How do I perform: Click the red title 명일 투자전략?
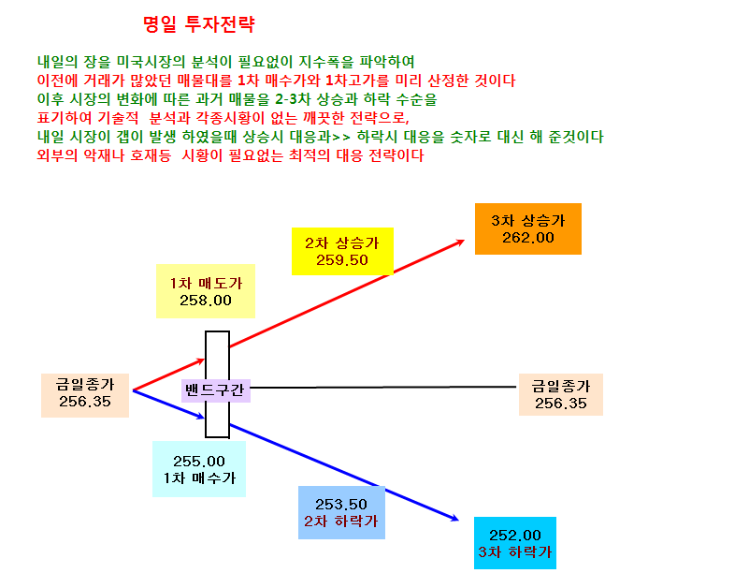199,24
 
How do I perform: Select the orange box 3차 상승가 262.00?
527,228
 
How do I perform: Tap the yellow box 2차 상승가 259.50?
342,251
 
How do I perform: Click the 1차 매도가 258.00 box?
206,291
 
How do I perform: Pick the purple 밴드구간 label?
216,390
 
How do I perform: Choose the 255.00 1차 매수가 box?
199,469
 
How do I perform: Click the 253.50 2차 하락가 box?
341,512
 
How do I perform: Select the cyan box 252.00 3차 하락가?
515,543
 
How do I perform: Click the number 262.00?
527,238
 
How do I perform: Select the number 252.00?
515,535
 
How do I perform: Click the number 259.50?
342,260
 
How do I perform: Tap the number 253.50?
341,505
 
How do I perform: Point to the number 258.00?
206,301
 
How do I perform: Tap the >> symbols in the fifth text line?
341,138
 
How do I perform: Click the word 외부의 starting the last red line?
57,155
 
